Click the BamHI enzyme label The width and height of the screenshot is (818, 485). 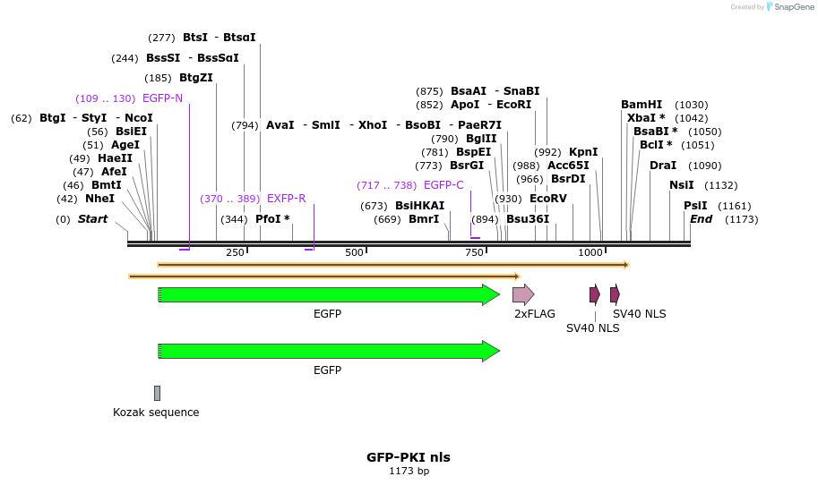pyautogui.click(x=641, y=105)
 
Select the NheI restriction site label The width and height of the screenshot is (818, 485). pyautogui.click(x=99, y=199)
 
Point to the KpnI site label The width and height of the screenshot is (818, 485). pyautogui.click(x=583, y=152)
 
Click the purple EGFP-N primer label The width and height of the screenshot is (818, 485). pyautogui.click(x=162, y=98)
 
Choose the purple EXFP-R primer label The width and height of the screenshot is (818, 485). pyautogui.click(x=286, y=199)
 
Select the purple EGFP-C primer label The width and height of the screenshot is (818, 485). pyautogui.click(x=443, y=185)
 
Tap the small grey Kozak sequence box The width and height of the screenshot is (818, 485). pyautogui.click(x=157, y=393)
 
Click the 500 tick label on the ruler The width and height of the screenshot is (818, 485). pyautogui.click(x=354, y=253)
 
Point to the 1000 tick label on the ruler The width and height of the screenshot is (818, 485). pyautogui.click(x=590, y=253)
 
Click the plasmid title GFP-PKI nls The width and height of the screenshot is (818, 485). pyautogui.click(x=409, y=457)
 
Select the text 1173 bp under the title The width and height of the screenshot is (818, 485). pyautogui.click(x=409, y=471)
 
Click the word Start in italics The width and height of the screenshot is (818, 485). pyautogui.click(x=92, y=219)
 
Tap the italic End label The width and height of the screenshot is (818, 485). pyautogui.click(x=701, y=219)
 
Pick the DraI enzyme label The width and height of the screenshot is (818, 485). pyautogui.click(x=663, y=166)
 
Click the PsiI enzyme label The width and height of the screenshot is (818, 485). pyautogui.click(x=695, y=206)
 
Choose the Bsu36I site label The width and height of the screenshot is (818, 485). pyautogui.click(x=528, y=219)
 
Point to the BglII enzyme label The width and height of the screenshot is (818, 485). pyautogui.click(x=481, y=139)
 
